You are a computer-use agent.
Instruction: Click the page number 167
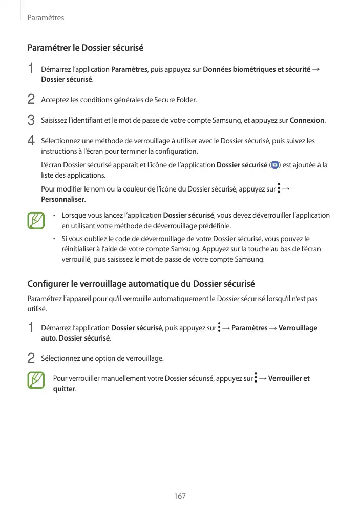coord(180,496)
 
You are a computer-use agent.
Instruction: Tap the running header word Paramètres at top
coord(45,18)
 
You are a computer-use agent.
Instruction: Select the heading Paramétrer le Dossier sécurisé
coord(85,48)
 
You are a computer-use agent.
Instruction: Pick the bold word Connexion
coord(307,120)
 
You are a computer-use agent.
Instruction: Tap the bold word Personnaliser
coord(63,199)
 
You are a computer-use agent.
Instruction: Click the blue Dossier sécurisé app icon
coord(274,165)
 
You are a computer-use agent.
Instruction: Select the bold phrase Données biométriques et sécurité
coord(257,69)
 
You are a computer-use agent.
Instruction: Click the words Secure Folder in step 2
coord(179,100)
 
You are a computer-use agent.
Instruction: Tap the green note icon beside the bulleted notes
coord(37,221)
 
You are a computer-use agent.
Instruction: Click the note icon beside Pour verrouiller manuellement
coord(37,379)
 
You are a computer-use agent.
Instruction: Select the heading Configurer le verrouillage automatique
coord(141,284)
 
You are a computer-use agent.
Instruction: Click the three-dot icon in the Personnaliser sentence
coord(279,189)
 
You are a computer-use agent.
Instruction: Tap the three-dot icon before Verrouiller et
coord(255,379)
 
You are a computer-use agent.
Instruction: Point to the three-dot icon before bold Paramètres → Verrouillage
coord(219,328)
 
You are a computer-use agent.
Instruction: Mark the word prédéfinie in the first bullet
coord(214,225)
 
